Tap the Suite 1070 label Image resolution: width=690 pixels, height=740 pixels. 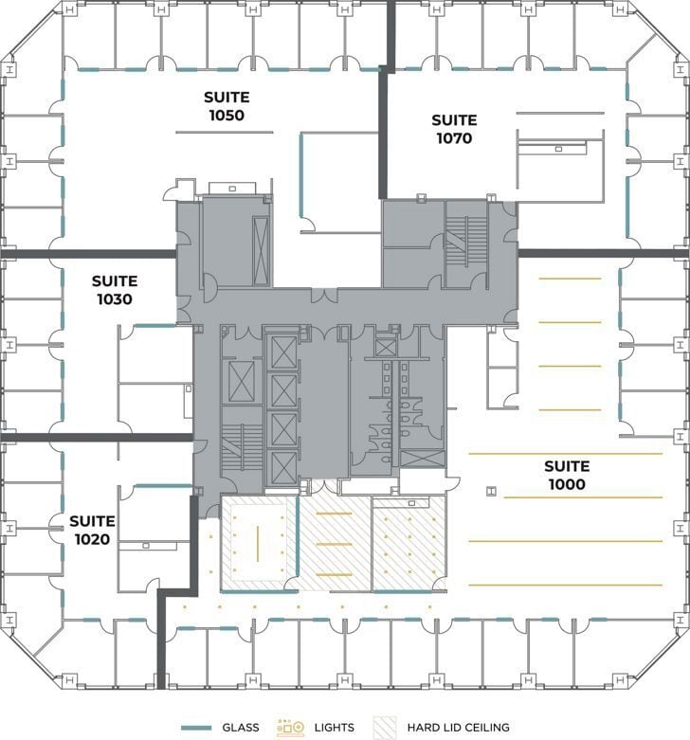pos(454,129)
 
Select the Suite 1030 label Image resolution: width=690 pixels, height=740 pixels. pos(114,290)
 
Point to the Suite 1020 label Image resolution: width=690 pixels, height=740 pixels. pos(92,530)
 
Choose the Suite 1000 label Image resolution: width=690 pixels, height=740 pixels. pos(566,475)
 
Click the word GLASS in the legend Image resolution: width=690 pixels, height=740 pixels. pos(241,728)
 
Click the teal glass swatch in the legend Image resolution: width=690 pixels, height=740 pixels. pos(194,728)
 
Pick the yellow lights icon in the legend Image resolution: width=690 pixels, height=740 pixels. pos(290,728)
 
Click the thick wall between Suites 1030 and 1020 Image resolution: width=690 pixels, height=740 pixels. pos(95,438)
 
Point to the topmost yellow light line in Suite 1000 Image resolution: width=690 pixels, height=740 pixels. pos(569,279)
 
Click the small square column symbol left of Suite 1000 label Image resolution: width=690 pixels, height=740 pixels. pos(491,490)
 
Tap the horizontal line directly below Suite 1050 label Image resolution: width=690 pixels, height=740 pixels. pos(226,132)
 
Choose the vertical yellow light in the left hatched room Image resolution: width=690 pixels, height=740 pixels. pos(258,542)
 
